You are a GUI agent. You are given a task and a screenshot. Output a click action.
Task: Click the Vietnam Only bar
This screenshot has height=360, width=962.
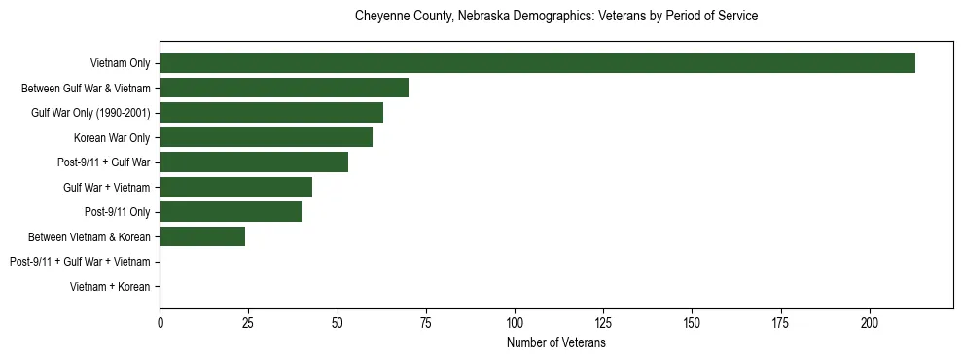[x=537, y=63]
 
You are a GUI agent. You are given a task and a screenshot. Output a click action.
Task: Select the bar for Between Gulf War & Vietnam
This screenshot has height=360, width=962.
[x=284, y=88]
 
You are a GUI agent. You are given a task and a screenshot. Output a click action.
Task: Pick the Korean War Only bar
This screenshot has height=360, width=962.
[x=266, y=137]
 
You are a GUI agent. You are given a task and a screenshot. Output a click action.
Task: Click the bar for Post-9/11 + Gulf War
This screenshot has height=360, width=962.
[x=254, y=162]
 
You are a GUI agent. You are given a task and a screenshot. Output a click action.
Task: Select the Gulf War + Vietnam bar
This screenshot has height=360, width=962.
[x=235, y=187]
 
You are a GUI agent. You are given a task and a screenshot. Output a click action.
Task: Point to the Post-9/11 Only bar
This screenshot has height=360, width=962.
[x=231, y=211]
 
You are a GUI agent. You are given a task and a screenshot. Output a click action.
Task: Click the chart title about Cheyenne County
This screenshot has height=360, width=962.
[x=556, y=17]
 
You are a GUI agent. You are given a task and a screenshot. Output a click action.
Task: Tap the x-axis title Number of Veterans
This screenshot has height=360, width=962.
[x=556, y=342]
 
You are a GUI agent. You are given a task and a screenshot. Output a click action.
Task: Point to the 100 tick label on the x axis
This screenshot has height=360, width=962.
[x=515, y=321]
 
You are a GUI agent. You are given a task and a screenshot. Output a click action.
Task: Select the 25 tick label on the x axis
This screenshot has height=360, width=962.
[x=249, y=321]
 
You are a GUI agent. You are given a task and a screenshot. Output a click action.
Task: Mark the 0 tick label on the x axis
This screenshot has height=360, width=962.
[x=160, y=321]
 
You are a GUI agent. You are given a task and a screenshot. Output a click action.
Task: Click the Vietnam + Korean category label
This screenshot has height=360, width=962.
[x=110, y=286]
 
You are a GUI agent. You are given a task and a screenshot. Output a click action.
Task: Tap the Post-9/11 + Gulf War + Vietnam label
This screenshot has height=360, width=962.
[x=80, y=261]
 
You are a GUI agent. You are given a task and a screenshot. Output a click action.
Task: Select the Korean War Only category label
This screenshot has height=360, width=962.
[x=112, y=137]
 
